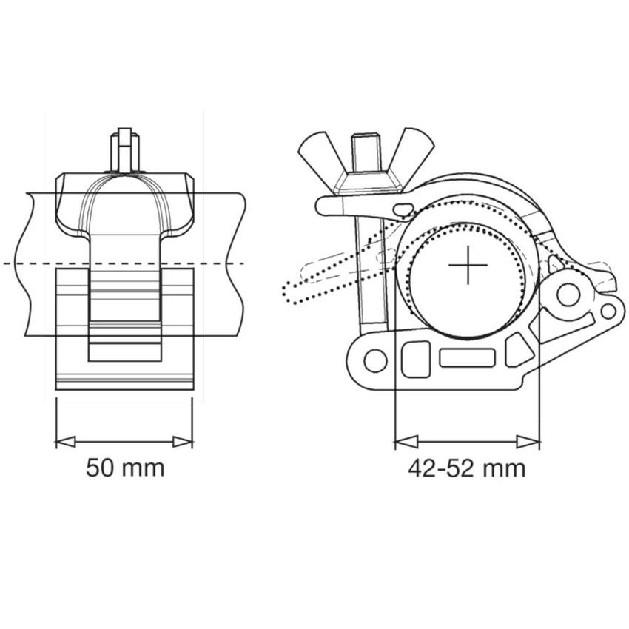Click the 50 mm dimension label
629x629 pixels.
pos(125,468)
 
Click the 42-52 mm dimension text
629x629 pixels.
pos(466,468)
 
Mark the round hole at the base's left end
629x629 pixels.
pos(376,360)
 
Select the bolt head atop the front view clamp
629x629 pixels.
pos(124,150)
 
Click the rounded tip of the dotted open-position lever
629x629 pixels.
pos(290,293)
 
